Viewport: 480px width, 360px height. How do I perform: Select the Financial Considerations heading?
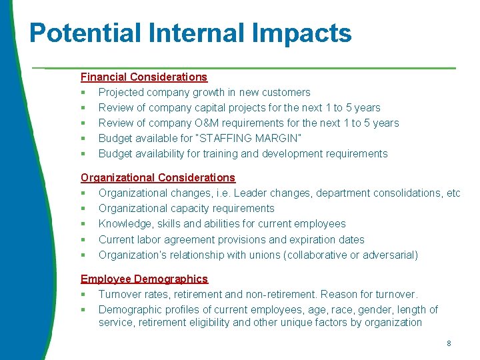[x=144, y=77]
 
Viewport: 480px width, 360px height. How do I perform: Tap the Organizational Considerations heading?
[x=158, y=177]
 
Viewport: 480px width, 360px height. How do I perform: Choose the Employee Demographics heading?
[x=144, y=279]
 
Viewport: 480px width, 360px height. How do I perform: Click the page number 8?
[x=449, y=343]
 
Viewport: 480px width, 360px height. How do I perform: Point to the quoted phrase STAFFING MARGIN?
[x=248, y=138]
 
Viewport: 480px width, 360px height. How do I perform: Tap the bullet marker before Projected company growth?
[x=83, y=93]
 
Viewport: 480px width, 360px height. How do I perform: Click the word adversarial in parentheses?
[x=389, y=255]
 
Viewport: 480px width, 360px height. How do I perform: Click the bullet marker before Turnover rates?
[x=83, y=294]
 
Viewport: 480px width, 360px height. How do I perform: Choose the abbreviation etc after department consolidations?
[x=453, y=193]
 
